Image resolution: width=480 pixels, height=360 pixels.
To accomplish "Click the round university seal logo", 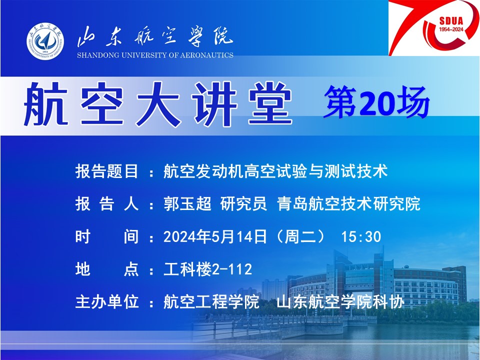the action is (45, 40).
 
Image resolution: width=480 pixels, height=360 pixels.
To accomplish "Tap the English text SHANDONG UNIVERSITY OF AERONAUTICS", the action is (155, 55).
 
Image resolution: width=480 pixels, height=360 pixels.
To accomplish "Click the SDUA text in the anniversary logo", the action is (451, 21).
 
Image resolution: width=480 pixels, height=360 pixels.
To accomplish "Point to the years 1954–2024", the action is (451, 29).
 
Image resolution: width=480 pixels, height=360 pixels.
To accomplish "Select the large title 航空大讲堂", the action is (158, 104).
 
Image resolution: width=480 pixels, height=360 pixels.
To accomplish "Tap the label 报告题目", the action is (107, 171).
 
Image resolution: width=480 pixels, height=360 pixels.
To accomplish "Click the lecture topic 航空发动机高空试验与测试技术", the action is (275, 171).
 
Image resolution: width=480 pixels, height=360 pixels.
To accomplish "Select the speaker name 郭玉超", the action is (187, 204).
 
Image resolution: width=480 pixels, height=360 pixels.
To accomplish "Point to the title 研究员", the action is (243, 204).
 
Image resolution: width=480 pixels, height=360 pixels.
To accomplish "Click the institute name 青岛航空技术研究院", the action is (348, 204).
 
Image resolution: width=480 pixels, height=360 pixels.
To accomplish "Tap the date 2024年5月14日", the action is (215, 236).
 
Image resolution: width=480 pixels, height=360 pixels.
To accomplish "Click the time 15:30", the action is (361, 236).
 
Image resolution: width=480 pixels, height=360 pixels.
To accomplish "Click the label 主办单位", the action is (107, 302).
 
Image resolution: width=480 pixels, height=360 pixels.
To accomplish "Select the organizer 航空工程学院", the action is (211, 302).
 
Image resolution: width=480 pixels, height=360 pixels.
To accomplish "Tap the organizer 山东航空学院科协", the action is (340, 302).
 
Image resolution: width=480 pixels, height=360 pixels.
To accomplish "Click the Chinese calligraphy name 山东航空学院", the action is (155, 37).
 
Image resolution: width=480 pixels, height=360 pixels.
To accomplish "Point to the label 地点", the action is (107, 269).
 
